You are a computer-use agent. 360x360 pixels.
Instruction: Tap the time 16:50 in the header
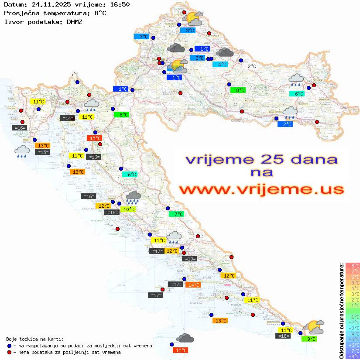pos(120,4)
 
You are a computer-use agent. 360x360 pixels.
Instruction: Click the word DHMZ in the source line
pos(74,21)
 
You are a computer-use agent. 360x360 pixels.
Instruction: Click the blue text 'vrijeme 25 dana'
pos(261,159)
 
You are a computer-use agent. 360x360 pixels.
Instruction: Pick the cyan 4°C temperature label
pos(220,65)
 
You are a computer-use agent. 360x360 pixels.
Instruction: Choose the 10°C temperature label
pos(128,209)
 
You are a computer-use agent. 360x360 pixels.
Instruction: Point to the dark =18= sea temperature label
pos(283,336)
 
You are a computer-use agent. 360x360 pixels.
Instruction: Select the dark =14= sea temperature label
pos(67,118)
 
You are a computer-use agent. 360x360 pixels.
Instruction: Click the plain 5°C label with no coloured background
pos(74,75)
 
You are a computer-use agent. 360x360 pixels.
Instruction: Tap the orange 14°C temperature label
pos(192,285)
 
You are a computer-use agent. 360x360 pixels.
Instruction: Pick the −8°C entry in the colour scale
pos(353,356)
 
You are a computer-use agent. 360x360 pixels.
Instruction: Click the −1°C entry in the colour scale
pos(353,316)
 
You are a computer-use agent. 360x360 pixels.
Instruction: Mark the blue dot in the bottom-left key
pos(10,346)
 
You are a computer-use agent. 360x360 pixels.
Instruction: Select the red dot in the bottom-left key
pos(10,352)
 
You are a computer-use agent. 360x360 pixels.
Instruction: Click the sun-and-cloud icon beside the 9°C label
pos(314,327)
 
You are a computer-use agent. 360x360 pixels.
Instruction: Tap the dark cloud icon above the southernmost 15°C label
pos(185,338)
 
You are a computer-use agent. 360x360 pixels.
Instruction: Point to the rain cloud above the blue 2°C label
pos(290,113)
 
